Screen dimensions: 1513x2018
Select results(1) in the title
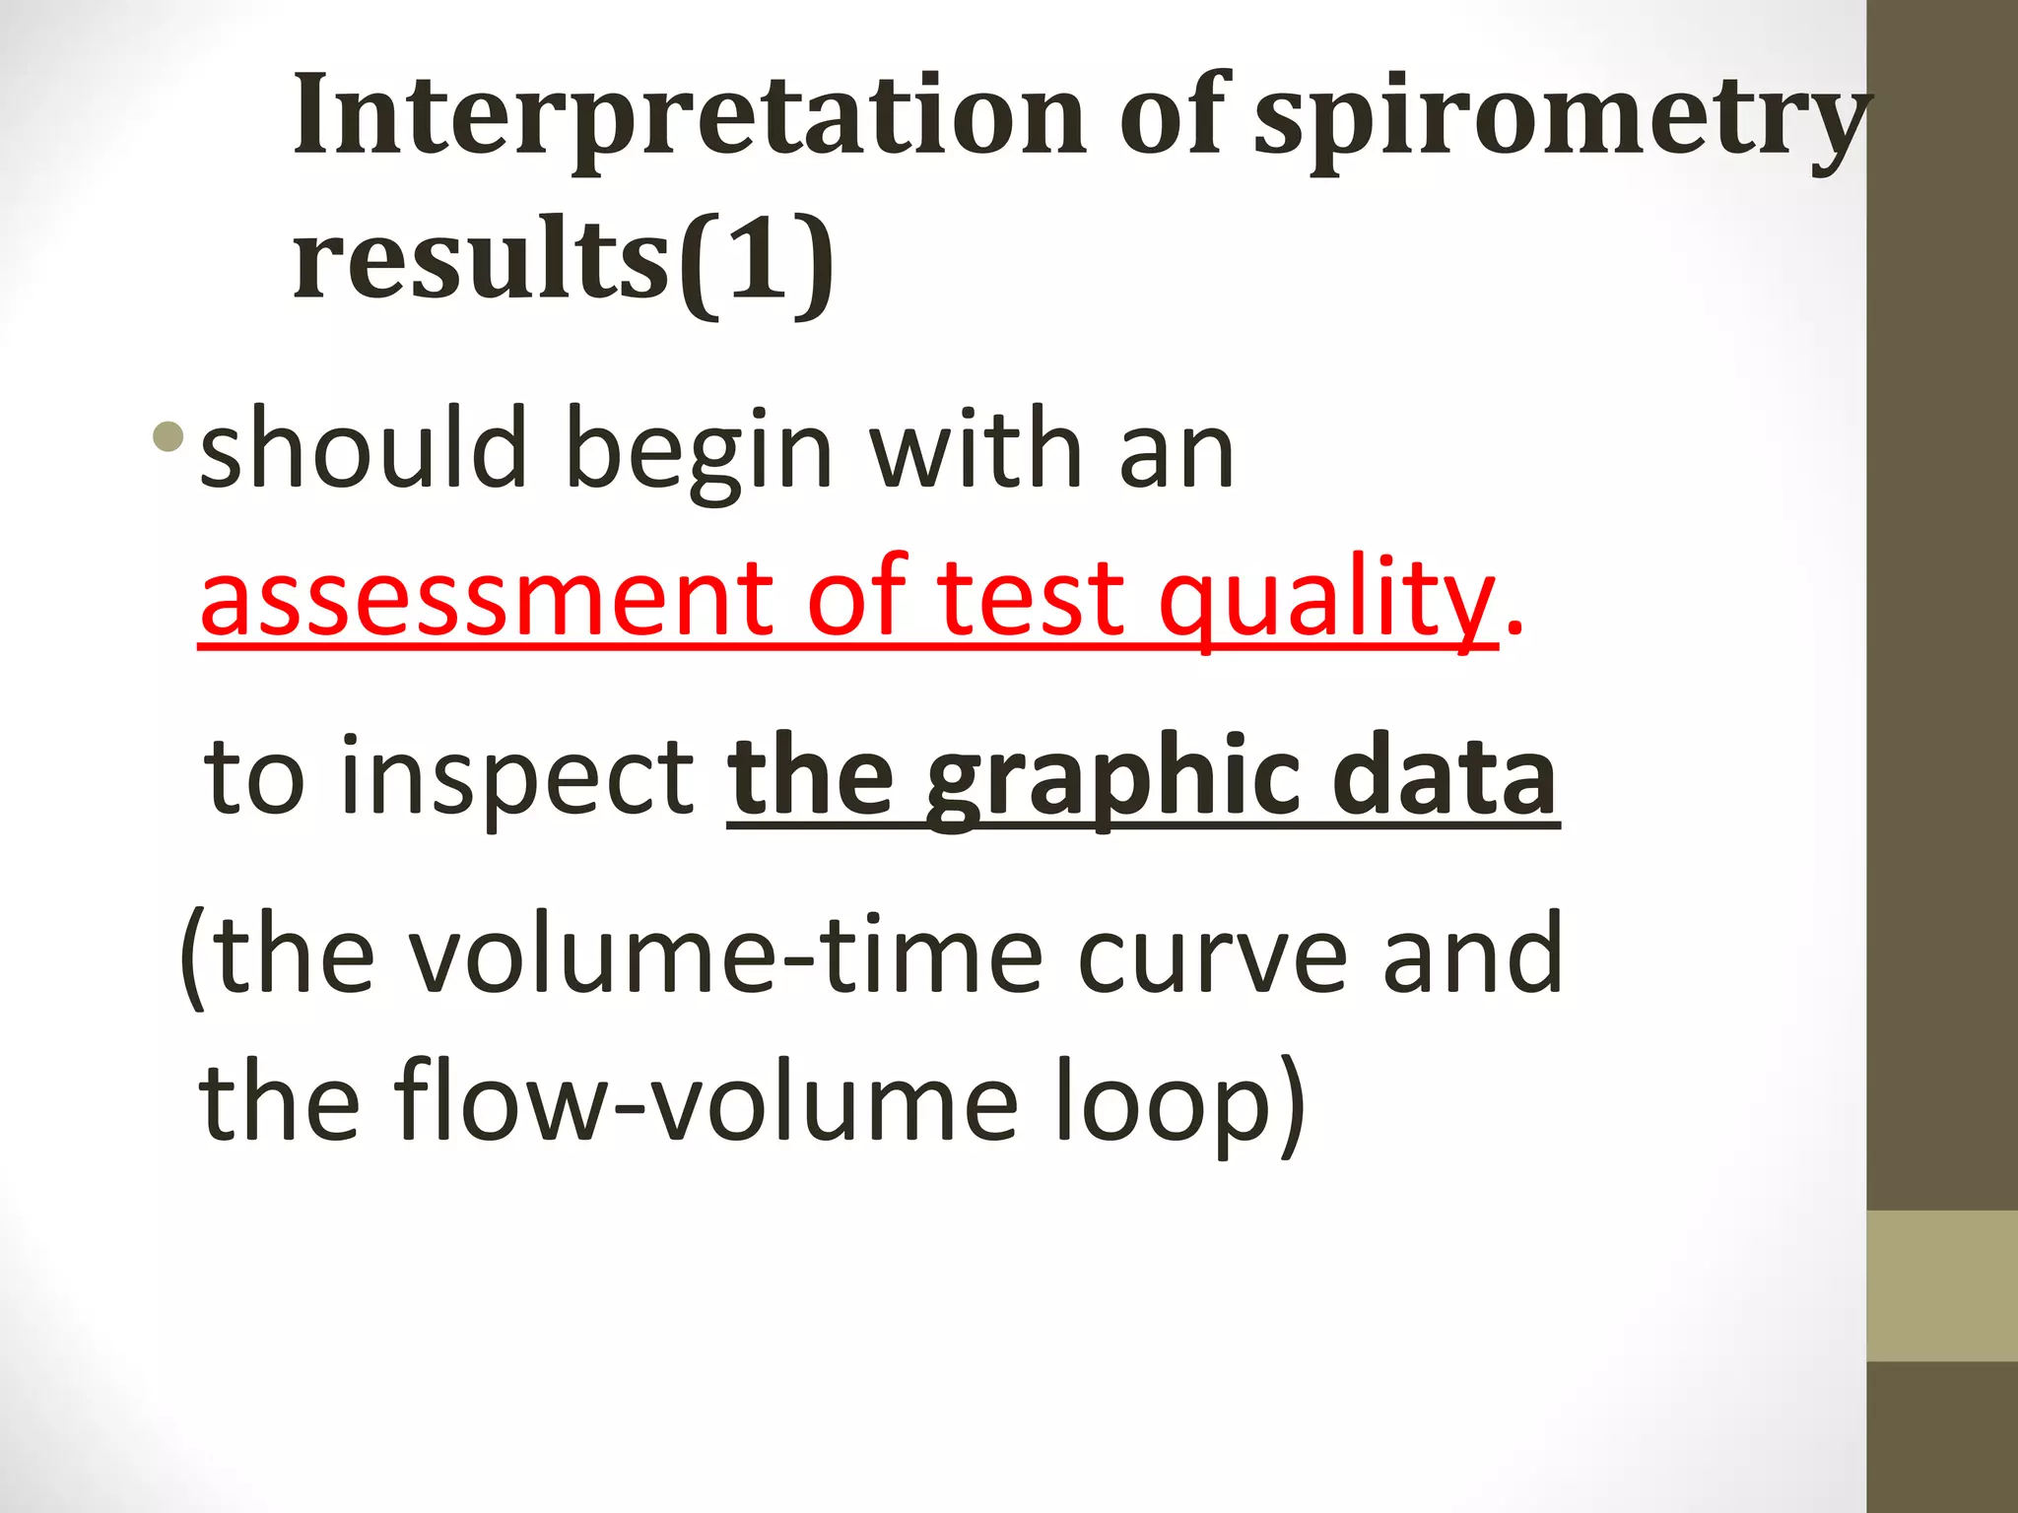pos(564,260)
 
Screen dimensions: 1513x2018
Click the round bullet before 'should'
pos(168,436)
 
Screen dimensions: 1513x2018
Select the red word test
pos(1030,599)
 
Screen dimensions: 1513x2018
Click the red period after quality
pos(1514,630)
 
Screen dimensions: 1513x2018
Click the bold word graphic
pos(1111,780)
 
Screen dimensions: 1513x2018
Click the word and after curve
pos(1472,954)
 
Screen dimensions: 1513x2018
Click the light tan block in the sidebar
pos(1941,1285)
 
